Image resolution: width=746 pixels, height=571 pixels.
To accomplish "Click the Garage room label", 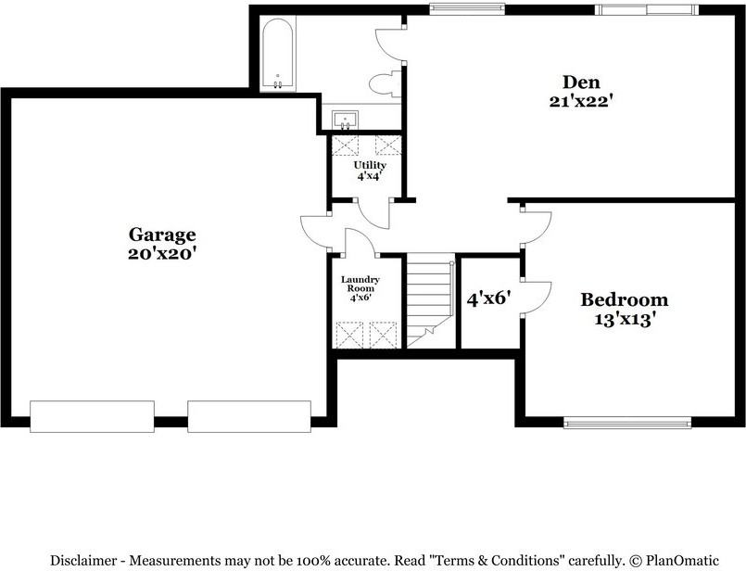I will pyautogui.click(x=162, y=235).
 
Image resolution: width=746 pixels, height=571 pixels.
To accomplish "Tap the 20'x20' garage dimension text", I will pyautogui.click(x=162, y=253).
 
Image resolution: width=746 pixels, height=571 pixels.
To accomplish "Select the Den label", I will pyautogui.click(x=582, y=82).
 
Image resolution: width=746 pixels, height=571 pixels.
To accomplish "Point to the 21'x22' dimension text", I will pyautogui.click(x=582, y=102).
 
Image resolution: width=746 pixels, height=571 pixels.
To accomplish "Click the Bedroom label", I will pyautogui.click(x=624, y=299).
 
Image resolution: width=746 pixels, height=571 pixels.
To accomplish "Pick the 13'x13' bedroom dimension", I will pyautogui.click(x=624, y=320).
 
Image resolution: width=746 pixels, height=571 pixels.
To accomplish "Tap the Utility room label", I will pyautogui.click(x=369, y=165).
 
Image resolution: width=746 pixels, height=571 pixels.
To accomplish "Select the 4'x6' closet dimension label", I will pyautogui.click(x=489, y=299).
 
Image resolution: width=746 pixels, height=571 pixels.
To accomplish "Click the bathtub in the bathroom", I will pyautogui.click(x=278, y=56).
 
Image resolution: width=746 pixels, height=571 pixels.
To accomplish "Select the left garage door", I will pyautogui.click(x=92, y=416).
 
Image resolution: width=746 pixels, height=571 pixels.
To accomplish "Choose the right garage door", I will pyautogui.click(x=249, y=416).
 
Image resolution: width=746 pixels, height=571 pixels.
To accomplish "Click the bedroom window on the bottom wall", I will pyautogui.click(x=627, y=423).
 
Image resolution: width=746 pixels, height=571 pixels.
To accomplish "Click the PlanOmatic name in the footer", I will pyautogui.click(x=682, y=560).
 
